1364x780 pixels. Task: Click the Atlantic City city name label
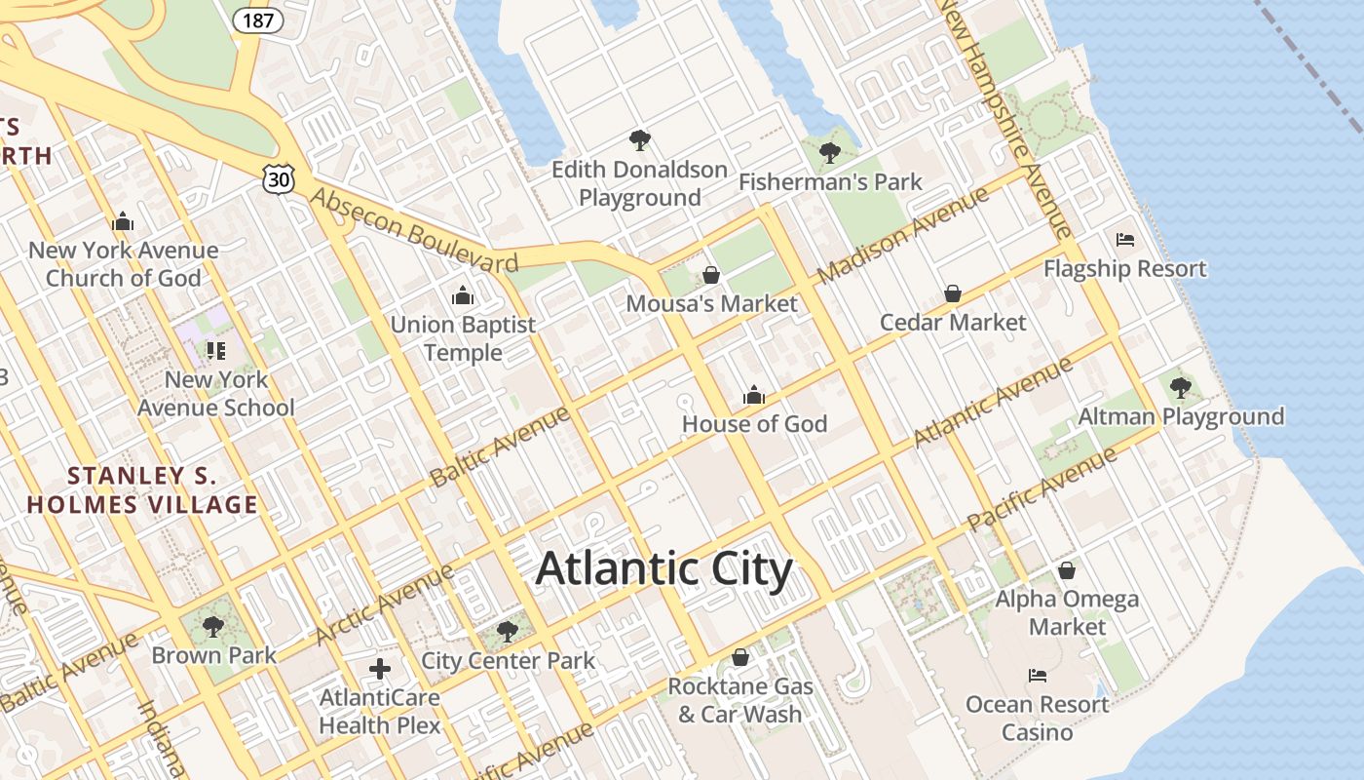click(x=664, y=568)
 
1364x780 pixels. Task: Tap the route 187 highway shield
click(x=258, y=19)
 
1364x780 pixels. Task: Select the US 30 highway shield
click(x=278, y=177)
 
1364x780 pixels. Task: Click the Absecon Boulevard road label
click(x=413, y=231)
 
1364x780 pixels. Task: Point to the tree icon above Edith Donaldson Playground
click(x=639, y=140)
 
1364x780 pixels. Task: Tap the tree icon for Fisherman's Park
click(x=830, y=152)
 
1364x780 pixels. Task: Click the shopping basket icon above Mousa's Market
click(x=711, y=275)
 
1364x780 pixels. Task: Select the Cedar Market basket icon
click(x=953, y=293)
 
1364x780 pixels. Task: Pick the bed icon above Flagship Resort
click(x=1125, y=240)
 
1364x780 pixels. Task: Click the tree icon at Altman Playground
click(x=1180, y=388)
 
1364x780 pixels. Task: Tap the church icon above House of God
click(x=754, y=395)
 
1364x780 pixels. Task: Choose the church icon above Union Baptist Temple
click(x=463, y=294)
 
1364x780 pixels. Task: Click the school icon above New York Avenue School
click(x=215, y=350)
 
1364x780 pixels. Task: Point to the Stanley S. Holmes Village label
click(x=142, y=490)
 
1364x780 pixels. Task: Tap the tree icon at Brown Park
click(x=213, y=626)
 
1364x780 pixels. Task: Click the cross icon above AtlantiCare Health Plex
click(x=380, y=669)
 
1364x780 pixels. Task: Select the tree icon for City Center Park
click(x=508, y=632)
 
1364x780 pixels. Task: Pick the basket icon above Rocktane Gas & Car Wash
click(x=740, y=657)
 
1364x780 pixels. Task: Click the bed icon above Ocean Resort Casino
click(x=1038, y=675)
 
